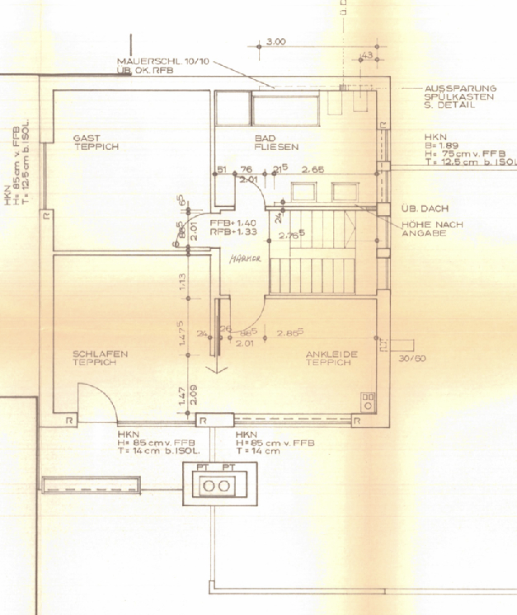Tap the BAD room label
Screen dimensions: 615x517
[265, 138]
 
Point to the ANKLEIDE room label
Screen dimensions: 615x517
[331, 354]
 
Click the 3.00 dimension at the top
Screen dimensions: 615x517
[276, 40]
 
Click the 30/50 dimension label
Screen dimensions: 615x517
[411, 359]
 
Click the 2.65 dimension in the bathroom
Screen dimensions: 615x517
[313, 170]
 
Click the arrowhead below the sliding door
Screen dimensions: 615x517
[218, 369]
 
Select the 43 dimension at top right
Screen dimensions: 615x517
[368, 54]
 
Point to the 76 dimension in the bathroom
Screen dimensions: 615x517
[245, 170]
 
